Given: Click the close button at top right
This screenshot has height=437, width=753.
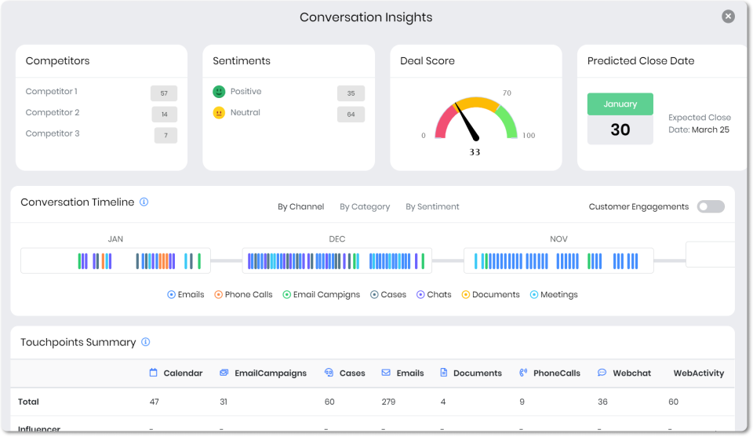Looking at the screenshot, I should [x=729, y=16].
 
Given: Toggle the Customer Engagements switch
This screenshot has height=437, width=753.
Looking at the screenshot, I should [x=711, y=206].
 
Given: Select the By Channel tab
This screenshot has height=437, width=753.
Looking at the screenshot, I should [x=300, y=207].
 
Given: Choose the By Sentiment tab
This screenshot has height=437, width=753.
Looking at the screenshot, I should [x=432, y=207].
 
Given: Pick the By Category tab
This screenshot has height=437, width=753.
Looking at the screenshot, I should [x=365, y=207].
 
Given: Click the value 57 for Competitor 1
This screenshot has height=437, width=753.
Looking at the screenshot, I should [x=164, y=93].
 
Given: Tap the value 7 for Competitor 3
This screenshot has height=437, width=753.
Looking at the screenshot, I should [x=166, y=136].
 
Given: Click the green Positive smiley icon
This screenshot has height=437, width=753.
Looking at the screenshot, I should [x=219, y=92].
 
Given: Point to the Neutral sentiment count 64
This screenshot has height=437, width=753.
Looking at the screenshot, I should [x=351, y=115].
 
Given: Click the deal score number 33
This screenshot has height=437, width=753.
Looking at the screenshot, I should [x=475, y=152].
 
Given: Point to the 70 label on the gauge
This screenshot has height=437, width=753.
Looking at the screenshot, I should [x=507, y=93].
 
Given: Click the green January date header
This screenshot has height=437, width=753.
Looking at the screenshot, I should [x=620, y=104].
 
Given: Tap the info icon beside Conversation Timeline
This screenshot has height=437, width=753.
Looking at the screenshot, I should [x=144, y=202].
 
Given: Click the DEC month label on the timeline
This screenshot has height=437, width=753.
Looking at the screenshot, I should [x=336, y=239].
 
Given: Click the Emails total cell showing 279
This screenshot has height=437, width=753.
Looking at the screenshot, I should [x=390, y=402].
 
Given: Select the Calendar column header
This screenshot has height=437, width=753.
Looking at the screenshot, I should [x=176, y=373].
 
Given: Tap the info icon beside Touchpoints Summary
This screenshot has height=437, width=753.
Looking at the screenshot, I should [x=146, y=342].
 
